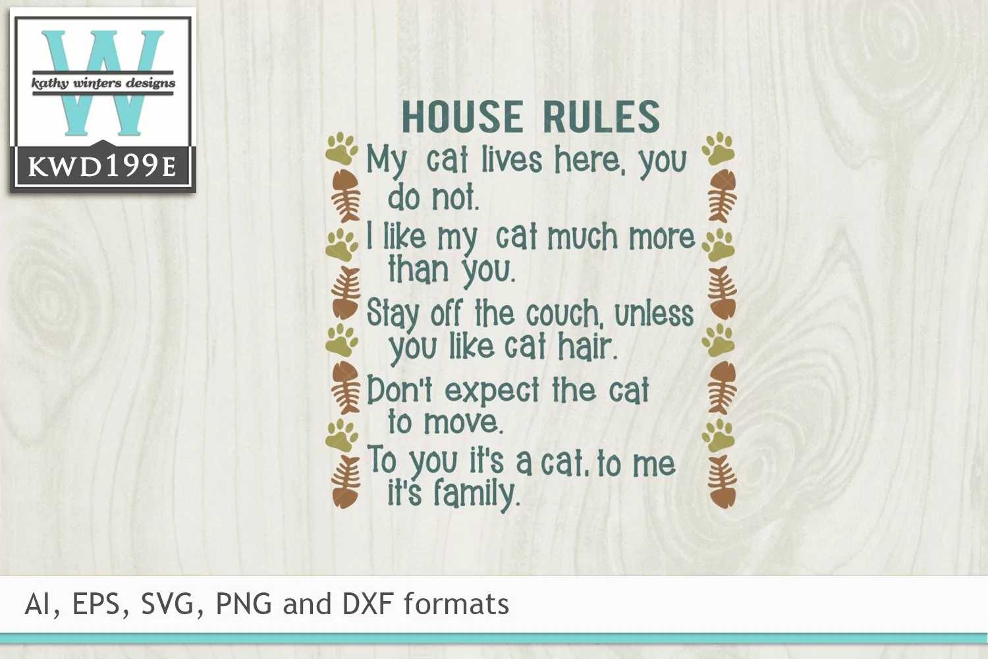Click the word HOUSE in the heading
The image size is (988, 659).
462,117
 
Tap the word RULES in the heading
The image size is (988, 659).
601,117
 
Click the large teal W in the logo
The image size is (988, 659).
102,83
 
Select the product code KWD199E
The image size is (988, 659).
102,167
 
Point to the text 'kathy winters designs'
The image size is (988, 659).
103,83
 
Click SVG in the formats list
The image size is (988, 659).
167,604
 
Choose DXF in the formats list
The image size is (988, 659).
368,604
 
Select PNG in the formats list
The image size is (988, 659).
244,604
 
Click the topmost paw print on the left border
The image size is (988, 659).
342,149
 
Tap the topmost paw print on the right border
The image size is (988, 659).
718,149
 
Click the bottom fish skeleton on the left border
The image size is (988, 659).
346,482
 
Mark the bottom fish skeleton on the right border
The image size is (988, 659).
723,482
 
